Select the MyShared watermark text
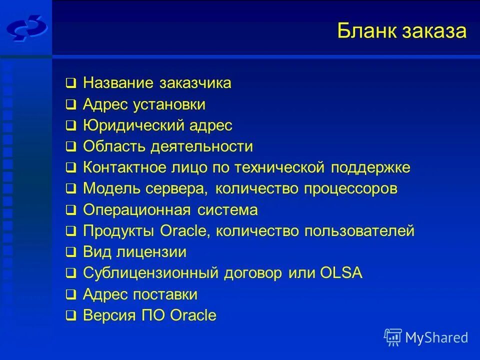pos(436,337)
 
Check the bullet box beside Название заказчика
pos(71,83)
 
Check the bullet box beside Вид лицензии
pos(71,252)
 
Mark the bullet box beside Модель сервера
pos(71,189)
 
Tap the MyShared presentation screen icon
pos(393,337)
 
